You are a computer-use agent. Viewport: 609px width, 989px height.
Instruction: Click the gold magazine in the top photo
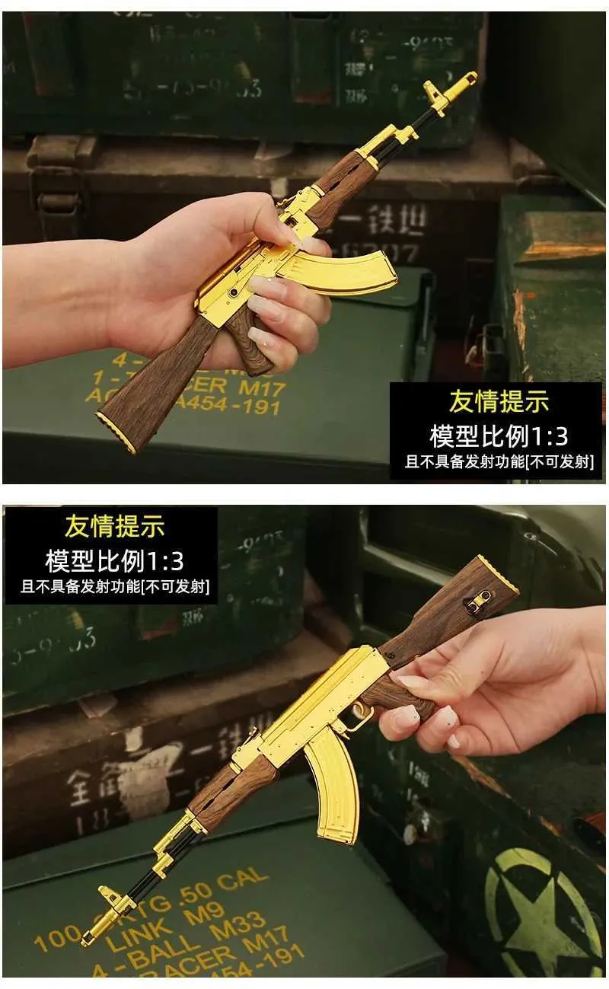click(x=343, y=270)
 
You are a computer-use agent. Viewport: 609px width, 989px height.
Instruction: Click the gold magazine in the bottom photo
click(x=333, y=784)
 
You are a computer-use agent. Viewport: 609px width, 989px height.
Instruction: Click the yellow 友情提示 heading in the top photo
click(x=499, y=402)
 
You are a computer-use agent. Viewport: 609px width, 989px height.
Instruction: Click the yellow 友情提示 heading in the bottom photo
click(x=114, y=526)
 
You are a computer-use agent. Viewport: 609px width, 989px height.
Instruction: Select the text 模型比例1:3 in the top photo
click(x=499, y=436)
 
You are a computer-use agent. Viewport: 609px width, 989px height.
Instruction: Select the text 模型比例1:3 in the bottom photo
click(x=114, y=561)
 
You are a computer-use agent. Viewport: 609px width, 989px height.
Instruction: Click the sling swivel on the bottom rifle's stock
click(x=478, y=601)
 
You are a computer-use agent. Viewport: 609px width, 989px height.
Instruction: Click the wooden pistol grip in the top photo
click(x=248, y=340)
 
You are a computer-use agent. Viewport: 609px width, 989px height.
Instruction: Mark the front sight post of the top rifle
click(x=437, y=94)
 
